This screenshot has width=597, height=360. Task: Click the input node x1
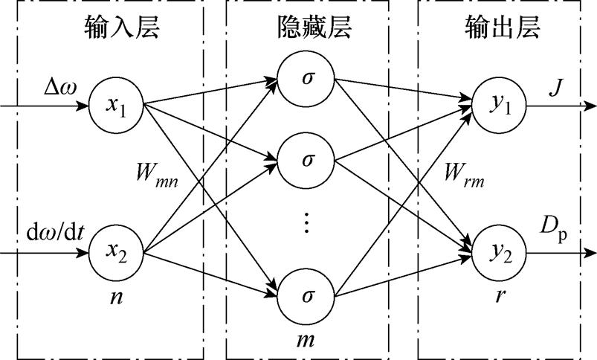pyautogui.click(x=116, y=106)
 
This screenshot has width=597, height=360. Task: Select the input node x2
pyautogui.click(x=116, y=254)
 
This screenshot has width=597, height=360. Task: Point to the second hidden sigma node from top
pyautogui.click(x=307, y=159)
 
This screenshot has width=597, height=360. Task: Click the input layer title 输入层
pyautogui.click(x=116, y=29)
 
